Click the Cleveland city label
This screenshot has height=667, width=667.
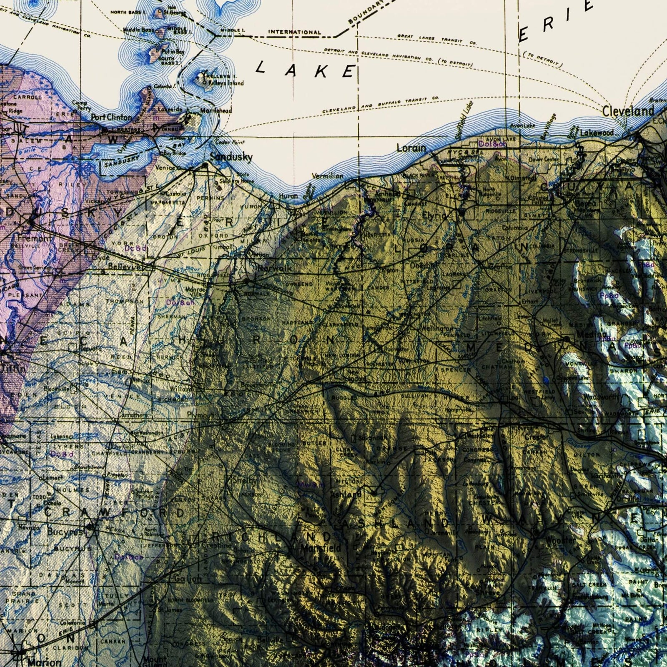click(628, 111)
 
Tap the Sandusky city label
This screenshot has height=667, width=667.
click(231, 157)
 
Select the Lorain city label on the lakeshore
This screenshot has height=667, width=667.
click(411, 148)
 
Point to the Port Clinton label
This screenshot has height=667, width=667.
click(111, 117)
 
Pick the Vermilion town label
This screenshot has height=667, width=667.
click(327, 176)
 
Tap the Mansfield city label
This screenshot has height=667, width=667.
click(320, 547)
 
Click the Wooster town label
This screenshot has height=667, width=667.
click(560, 540)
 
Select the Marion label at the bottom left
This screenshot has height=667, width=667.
click(44, 662)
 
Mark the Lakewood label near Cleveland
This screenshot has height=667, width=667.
click(597, 133)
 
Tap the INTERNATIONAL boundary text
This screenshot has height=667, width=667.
click(294, 32)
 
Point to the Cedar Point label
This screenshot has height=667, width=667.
click(230, 142)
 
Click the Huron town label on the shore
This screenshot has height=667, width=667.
click(288, 196)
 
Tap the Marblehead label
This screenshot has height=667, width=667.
click(216, 111)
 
